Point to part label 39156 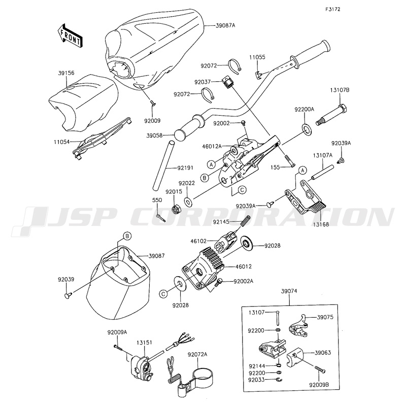coord(66,73)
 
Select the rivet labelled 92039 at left coord(67,295)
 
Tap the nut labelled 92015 coord(178,209)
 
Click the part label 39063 coord(324,351)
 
